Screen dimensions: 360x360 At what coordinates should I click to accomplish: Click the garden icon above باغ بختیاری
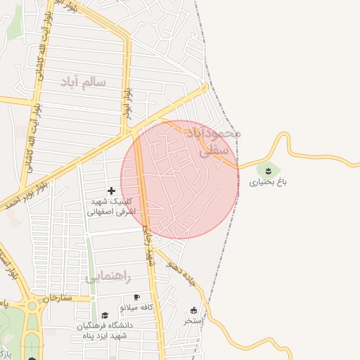[x=268, y=169]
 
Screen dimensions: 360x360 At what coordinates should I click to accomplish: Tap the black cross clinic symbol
[x=111, y=191]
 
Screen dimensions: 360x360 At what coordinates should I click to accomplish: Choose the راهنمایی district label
[x=108, y=277]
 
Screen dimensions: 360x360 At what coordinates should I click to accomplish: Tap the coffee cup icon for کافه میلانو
[x=136, y=297]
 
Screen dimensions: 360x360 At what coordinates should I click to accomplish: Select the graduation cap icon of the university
[x=105, y=315]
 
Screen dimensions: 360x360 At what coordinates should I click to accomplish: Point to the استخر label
[x=193, y=321]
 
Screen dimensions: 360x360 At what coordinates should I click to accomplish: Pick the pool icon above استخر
[x=193, y=310]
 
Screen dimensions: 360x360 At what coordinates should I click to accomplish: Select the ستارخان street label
[x=57, y=299]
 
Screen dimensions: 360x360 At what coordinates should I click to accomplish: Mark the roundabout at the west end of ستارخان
[x=32, y=306]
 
